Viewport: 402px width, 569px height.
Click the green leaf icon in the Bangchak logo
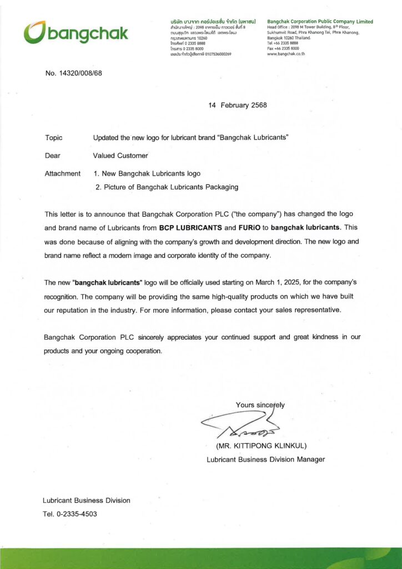tap(33, 32)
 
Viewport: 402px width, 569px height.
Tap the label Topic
tap(53, 137)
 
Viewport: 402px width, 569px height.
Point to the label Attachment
tap(62, 173)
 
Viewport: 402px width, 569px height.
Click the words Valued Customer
tap(120, 156)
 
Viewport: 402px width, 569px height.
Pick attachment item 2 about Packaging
tap(167, 187)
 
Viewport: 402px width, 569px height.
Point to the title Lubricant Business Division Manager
tap(265, 460)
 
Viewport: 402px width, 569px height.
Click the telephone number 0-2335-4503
tap(77, 514)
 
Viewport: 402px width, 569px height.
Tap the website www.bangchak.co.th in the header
tap(286, 54)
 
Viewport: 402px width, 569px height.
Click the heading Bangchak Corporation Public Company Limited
tap(320, 22)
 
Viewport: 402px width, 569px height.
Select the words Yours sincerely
tap(260, 405)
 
